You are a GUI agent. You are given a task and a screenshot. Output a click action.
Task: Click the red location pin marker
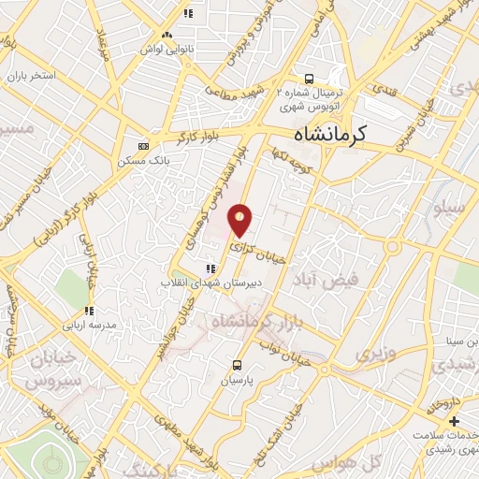coord(241,219)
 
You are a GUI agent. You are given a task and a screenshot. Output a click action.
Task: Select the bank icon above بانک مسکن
coord(143,146)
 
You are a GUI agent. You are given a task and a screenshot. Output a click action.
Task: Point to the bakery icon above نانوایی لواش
coord(167,34)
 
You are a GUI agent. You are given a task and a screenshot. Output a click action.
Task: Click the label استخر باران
coord(31,74)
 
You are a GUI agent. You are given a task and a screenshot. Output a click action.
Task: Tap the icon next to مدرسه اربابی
coord(89,312)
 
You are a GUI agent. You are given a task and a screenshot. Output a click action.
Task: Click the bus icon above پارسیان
coord(237,365)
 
